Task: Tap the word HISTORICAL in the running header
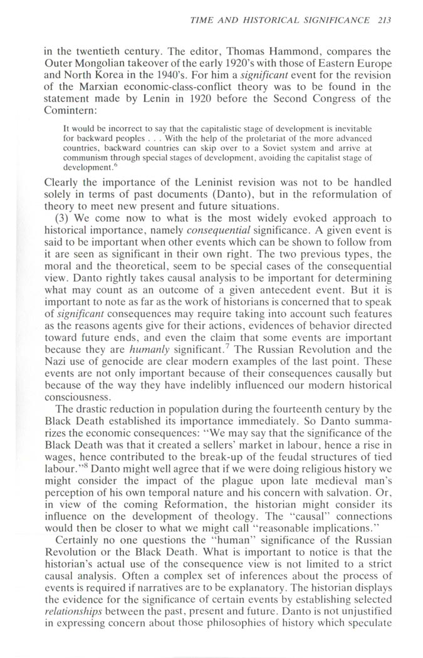tap(281, 20)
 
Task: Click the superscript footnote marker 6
tap(112, 164)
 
